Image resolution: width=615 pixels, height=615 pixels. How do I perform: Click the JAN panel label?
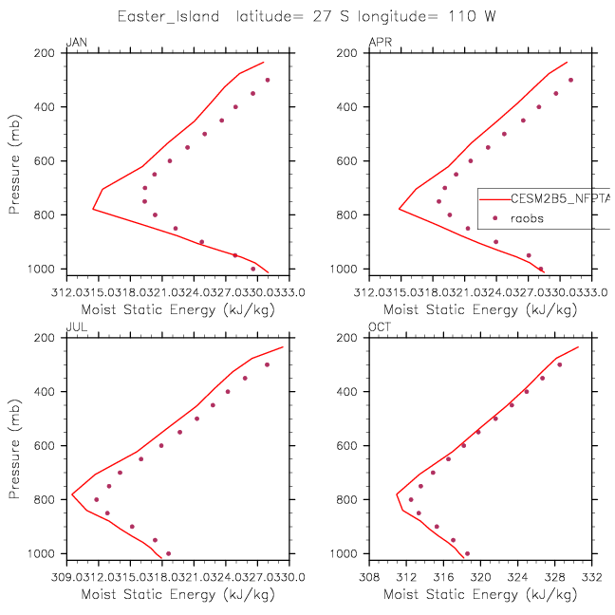pos(75,40)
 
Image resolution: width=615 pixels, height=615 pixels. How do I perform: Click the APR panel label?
pos(379,40)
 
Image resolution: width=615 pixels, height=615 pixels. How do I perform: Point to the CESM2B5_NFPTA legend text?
pos(560,199)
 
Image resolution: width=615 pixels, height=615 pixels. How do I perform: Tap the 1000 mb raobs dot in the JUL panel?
pos(168,553)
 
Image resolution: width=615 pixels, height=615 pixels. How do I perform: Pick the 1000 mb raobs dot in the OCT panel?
pos(467,553)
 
